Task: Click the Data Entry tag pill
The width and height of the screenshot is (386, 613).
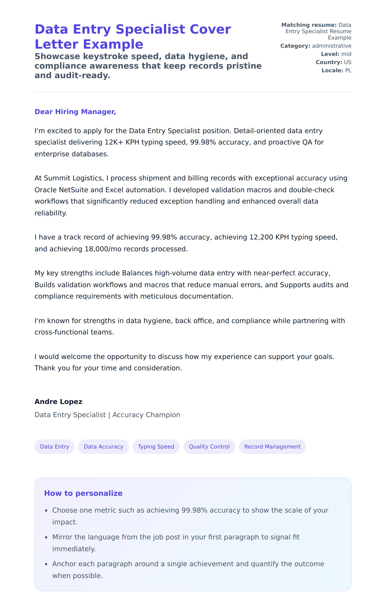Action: pyautogui.click(x=54, y=446)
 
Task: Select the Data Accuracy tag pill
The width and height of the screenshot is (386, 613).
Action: pyautogui.click(x=103, y=446)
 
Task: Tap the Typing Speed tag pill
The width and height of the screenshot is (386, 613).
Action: pyautogui.click(x=156, y=446)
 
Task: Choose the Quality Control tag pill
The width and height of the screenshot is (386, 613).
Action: pyautogui.click(x=209, y=446)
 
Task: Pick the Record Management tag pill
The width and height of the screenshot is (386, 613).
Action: pyautogui.click(x=272, y=446)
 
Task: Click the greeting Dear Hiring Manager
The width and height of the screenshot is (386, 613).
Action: pyautogui.click(x=75, y=112)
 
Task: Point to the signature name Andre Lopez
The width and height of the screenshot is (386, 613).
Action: pyautogui.click(x=58, y=401)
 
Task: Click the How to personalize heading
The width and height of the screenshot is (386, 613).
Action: pyautogui.click(x=83, y=493)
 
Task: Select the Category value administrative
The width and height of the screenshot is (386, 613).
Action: pyautogui.click(x=332, y=46)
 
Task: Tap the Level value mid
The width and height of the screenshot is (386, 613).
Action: pyautogui.click(x=346, y=54)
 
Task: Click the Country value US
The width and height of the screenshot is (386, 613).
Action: pyautogui.click(x=348, y=62)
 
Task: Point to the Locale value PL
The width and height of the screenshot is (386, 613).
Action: pyautogui.click(x=348, y=70)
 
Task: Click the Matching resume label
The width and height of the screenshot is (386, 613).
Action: pyautogui.click(x=309, y=25)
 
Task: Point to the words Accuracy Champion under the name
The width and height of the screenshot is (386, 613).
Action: pyautogui.click(x=146, y=415)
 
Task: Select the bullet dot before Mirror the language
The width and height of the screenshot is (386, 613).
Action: pyautogui.click(x=46, y=537)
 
